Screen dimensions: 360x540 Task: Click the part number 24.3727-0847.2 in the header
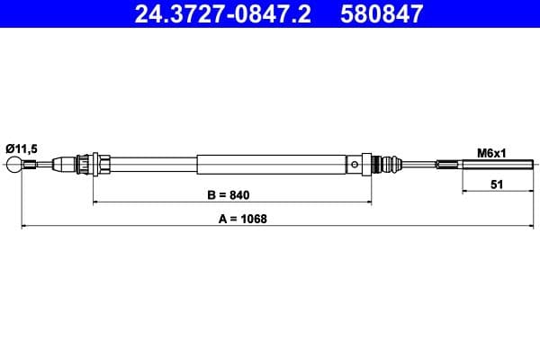pos(221,13)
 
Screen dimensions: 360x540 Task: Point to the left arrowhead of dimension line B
pos(97,202)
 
